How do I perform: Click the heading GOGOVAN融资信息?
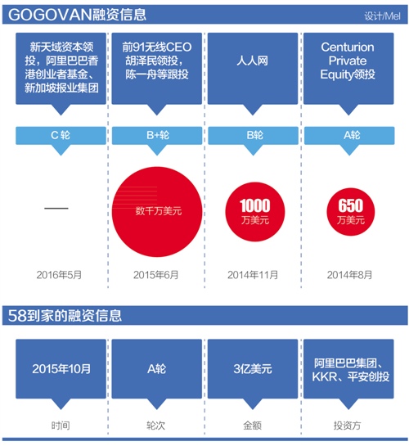tap(77, 15)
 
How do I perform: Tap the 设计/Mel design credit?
tap(382, 16)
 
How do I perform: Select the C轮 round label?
tap(61, 135)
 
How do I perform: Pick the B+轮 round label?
tap(158, 135)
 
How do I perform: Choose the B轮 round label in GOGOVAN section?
tap(254, 135)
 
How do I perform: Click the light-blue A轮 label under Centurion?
tap(352, 135)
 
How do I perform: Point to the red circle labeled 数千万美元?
tap(157, 212)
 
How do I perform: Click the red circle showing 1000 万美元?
tap(255, 212)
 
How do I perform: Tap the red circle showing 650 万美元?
tap(351, 212)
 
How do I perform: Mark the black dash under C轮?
tap(56, 208)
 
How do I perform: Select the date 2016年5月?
tap(59, 275)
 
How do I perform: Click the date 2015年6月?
tap(156, 275)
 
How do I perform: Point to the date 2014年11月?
tap(253, 275)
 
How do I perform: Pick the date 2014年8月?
tap(349, 275)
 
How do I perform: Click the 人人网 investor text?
tap(253, 61)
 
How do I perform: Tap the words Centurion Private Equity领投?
tap(348, 61)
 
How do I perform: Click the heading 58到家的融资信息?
tap(65, 315)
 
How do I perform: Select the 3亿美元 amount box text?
tap(253, 369)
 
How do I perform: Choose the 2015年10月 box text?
tap(61, 369)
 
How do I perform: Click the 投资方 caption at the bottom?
tap(348, 426)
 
